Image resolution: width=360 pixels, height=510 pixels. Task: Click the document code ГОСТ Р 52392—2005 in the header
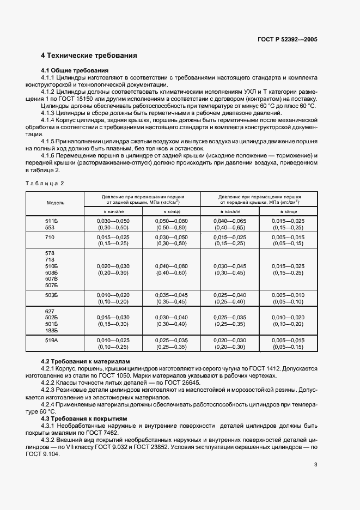pyautogui.click(x=288, y=40)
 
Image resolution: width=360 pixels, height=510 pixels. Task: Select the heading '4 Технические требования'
pyautogui.click(x=89, y=56)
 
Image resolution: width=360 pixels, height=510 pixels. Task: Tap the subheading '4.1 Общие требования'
pyautogui.click(x=75, y=70)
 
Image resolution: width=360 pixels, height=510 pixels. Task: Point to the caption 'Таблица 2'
pyautogui.click(x=45, y=183)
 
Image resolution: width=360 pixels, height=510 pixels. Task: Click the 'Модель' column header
pyautogui.click(x=56, y=202)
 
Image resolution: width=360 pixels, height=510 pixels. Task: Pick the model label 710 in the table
pyautogui.click(x=50, y=238)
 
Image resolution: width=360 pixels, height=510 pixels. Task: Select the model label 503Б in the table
pyautogui.click(x=51, y=295)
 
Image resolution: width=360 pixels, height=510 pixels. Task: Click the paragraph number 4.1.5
pyautogui.click(x=50, y=141)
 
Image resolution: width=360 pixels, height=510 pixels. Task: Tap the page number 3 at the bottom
pyautogui.click(x=315, y=464)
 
